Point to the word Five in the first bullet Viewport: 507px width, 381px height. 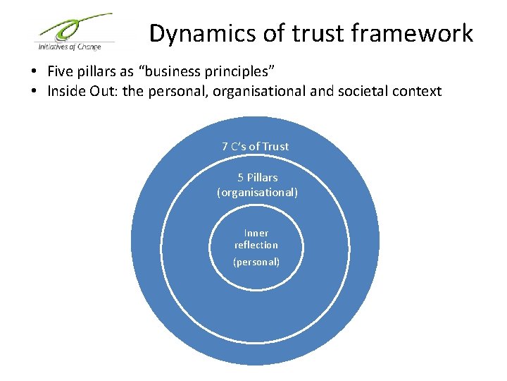coord(59,71)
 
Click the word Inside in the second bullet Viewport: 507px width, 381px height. coord(65,91)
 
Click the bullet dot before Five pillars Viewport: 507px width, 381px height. coord(34,72)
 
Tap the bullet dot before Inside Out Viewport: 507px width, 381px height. coord(34,92)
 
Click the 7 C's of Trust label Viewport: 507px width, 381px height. coord(255,147)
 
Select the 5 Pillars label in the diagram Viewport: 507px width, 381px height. coord(257,178)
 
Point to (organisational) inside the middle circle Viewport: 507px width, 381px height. coord(257,192)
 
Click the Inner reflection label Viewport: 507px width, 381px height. coord(256,238)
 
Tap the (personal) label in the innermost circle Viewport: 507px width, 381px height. coord(256,262)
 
